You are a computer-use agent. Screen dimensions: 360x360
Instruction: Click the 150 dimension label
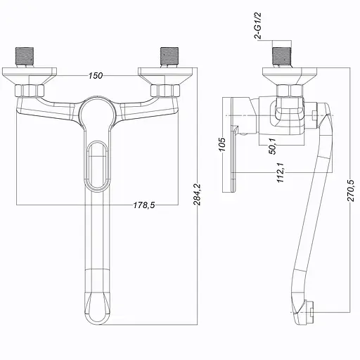click(96, 76)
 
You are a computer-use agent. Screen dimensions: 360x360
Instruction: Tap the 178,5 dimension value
click(144, 205)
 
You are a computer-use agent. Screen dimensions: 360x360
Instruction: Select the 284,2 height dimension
click(197, 195)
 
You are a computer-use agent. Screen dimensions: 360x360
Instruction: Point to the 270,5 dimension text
click(351, 191)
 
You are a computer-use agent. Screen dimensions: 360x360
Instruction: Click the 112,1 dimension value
click(281, 172)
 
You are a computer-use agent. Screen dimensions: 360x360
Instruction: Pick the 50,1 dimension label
click(273, 146)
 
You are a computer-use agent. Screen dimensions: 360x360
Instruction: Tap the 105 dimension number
click(221, 144)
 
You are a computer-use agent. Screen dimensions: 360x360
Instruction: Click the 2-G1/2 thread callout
click(257, 26)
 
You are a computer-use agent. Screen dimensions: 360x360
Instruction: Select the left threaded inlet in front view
click(25, 58)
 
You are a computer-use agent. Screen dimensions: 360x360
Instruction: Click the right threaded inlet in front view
click(169, 58)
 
